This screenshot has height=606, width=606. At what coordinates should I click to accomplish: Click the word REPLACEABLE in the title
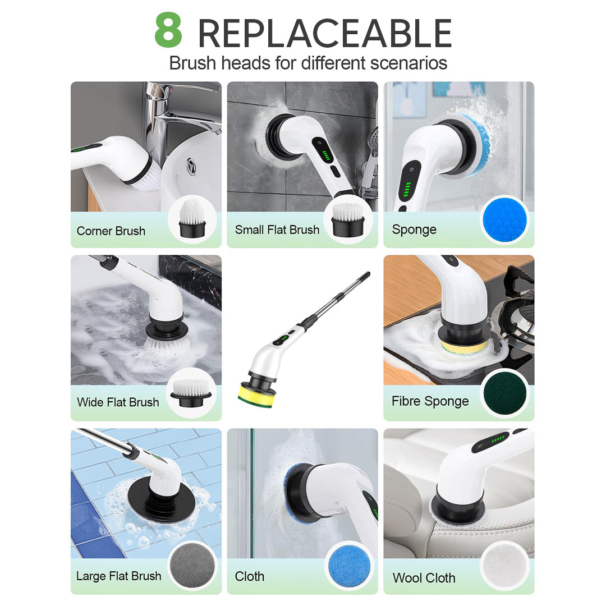(x=324, y=34)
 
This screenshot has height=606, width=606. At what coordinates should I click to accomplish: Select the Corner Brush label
(x=111, y=231)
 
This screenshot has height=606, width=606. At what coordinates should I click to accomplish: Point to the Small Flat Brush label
(x=277, y=229)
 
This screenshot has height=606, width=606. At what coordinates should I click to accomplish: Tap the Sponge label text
(x=414, y=229)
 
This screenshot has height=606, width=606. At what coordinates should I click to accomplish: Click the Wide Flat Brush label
(x=118, y=402)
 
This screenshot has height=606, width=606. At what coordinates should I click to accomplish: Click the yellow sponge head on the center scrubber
(x=255, y=393)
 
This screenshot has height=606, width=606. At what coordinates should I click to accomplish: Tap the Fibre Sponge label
(x=430, y=401)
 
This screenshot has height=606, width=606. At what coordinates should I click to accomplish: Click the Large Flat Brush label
(x=118, y=576)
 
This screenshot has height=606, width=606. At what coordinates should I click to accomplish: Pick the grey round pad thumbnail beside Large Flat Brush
(x=191, y=565)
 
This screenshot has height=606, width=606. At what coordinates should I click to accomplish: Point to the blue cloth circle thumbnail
(x=348, y=565)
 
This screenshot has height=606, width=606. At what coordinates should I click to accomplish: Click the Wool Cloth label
(x=424, y=577)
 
